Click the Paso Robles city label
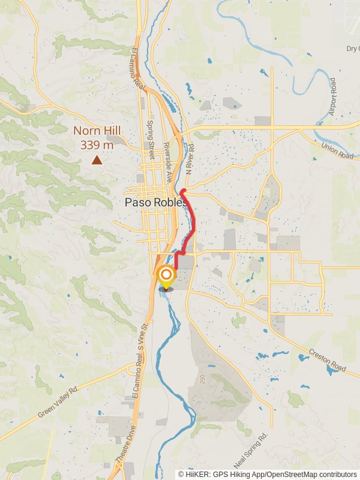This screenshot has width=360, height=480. click(x=153, y=203)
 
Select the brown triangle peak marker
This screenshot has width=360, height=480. click(x=97, y=160)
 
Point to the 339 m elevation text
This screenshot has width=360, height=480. click(x=97, y=145)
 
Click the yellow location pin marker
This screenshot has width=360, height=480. click(x=166, y=277)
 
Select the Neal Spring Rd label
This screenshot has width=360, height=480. click(x=251, y=451)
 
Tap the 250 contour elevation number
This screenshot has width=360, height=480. click(x=203, y=379)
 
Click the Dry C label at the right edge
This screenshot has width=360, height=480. click(x=352, y=49)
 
